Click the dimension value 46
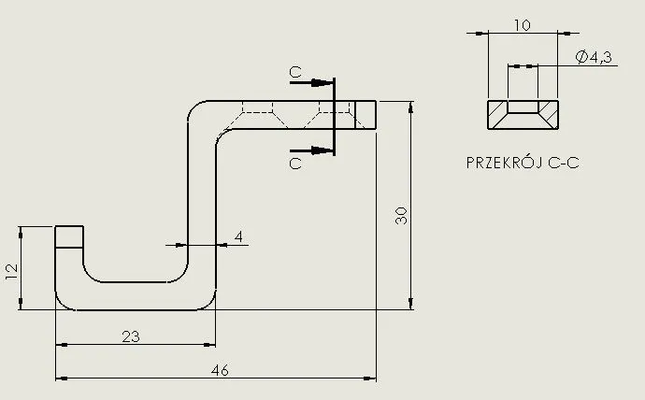coord(220,370)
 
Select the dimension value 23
coord(131,336)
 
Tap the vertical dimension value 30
coord(401,215)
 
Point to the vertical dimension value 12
coord(12,272)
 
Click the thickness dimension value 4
coord(238,236)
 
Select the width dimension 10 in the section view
coord(523,25)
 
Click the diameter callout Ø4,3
coord(594,57)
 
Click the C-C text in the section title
coord(564,164)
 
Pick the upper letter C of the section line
coord(295,72)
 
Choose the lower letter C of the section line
coord(295,164)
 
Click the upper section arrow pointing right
coord(311,82)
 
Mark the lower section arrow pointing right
coord(311,150)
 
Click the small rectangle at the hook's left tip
coord(69,236)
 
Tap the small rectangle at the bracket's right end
coord(365,115)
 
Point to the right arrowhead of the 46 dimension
coord(370,379)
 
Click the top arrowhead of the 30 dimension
coord(411,107)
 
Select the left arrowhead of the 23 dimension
coord(62,345)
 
